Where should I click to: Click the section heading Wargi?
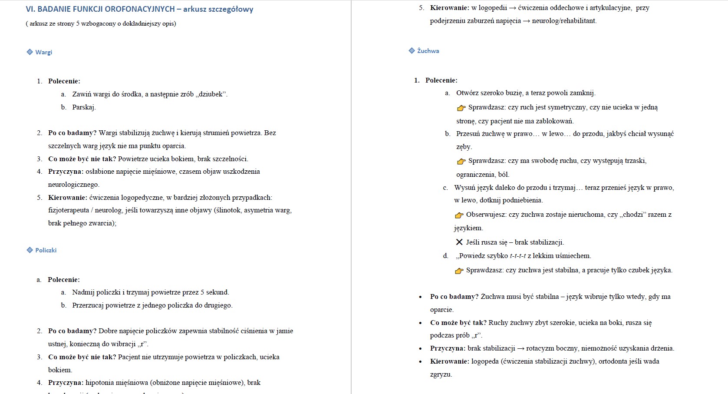[43, 52]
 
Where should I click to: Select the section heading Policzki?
[46, 250]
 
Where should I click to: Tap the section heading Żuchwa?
[428, 51]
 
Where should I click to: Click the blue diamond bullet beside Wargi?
[30, 52]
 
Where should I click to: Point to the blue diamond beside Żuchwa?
[412, 51]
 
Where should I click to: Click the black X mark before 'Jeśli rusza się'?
[459, 242]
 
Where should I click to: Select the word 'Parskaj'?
[83, 107]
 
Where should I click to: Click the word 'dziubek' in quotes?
[212, 94]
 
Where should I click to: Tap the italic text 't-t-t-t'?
[517, 256]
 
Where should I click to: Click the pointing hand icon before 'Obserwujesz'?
[459, 215]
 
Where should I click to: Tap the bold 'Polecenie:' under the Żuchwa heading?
[441, 80]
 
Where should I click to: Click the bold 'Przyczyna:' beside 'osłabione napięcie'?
[66, 172]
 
